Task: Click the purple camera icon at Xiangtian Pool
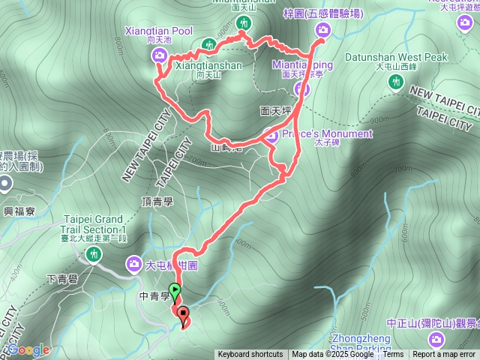coord(159,54)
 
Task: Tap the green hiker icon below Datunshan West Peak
coord(396,82)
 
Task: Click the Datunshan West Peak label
coord(396,57)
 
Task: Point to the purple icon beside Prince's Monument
coord(274,136)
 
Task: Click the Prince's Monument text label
coord(328,134)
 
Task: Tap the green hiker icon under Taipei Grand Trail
coord(93,255)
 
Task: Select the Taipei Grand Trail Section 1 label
coord(93,223)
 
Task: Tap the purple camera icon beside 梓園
coord(323,30)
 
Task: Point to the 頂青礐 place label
coord(157,202)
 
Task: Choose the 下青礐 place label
coord(62,280)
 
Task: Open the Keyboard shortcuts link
coord(250,355)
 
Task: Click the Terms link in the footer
coord(393,355)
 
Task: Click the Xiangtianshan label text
coord(208,65)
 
